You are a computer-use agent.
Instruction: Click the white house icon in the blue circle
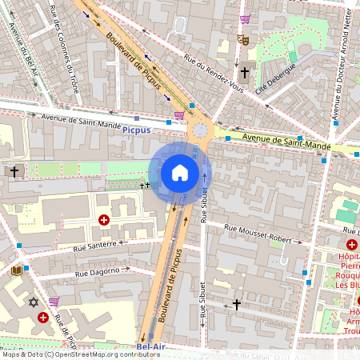[180, 172]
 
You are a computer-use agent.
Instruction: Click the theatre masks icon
[243, 38]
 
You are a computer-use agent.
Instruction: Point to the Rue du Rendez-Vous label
[212, 72]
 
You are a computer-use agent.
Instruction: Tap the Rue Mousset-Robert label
[263, 234]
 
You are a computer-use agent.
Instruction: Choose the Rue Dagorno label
[102, 271]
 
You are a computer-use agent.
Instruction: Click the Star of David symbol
[33, 302]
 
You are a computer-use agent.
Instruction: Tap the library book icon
[17, 271]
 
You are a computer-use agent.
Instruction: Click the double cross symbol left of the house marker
[145, 185]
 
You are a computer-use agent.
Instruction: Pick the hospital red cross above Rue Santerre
[103, 219]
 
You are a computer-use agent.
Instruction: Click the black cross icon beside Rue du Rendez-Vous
[244, 72]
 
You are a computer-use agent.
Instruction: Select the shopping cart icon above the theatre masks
[245, 19]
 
